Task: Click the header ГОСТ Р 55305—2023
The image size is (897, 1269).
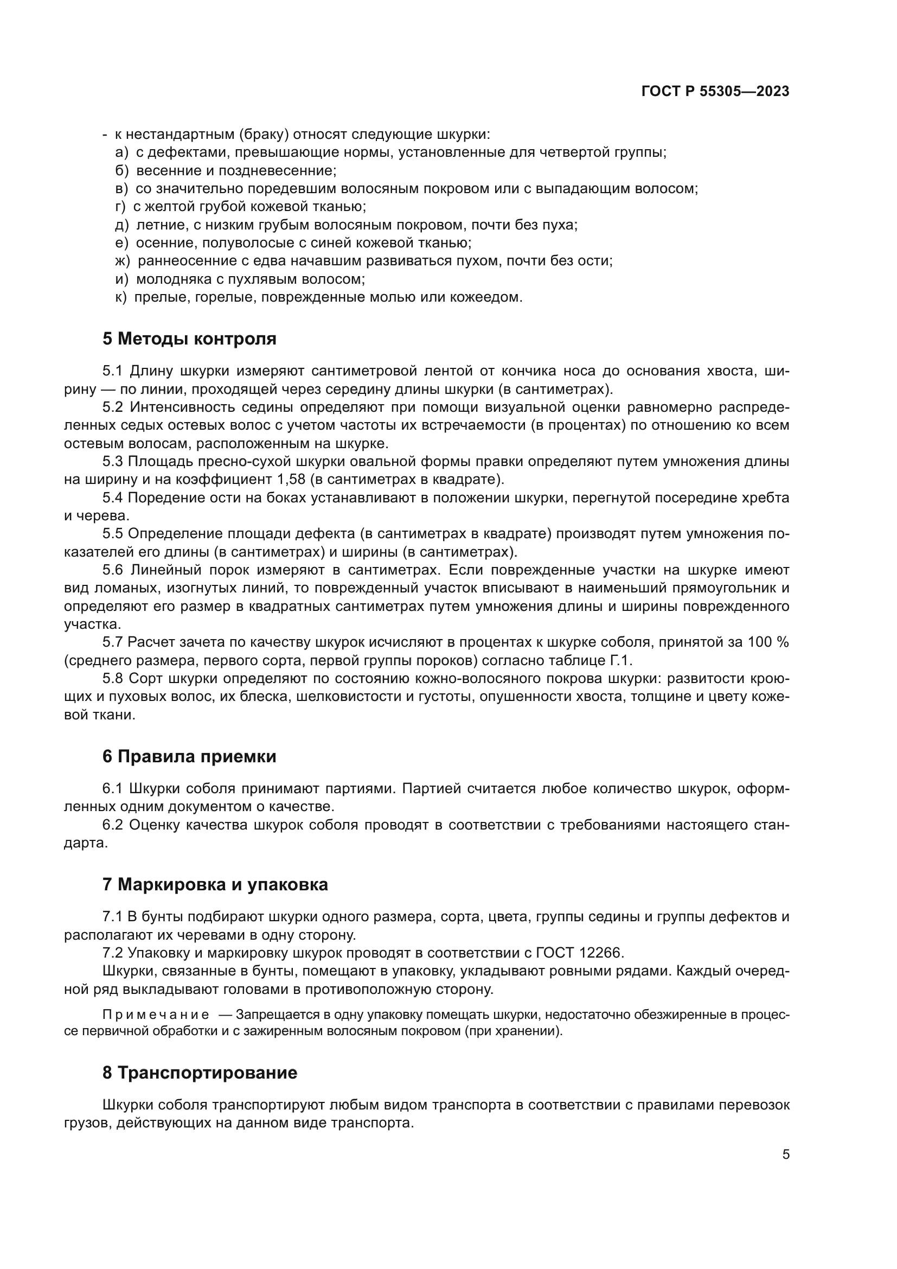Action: [715, 91]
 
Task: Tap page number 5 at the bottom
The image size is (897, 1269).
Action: [785, 1154]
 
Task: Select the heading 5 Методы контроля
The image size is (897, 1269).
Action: [189, 338]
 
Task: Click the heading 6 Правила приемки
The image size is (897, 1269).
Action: [189, 756]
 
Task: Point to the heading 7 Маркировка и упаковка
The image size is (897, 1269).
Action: [215, 884]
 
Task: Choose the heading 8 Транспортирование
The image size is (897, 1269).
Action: [200, 1072]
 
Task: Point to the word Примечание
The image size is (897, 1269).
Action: [156, 1015]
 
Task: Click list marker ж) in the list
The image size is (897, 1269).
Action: [122, 261]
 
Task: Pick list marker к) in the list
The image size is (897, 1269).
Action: [121, 297]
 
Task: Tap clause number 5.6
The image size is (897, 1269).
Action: [113, 570]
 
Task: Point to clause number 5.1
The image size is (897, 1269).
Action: [113, 371]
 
